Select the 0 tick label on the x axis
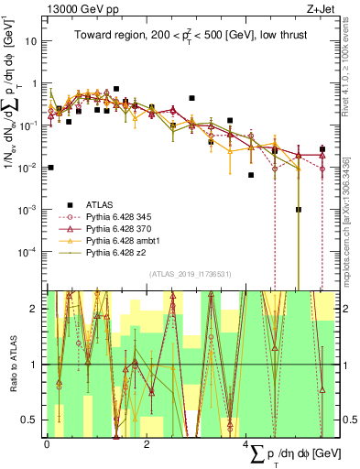pyautogui.click(x=47, y=445)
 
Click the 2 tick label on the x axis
pyautogui.click(x=147, y=445)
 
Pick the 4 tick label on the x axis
pyautogui.click(x=248, y=445)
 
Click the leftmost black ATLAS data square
pyautogui.click(x=51, y=168)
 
